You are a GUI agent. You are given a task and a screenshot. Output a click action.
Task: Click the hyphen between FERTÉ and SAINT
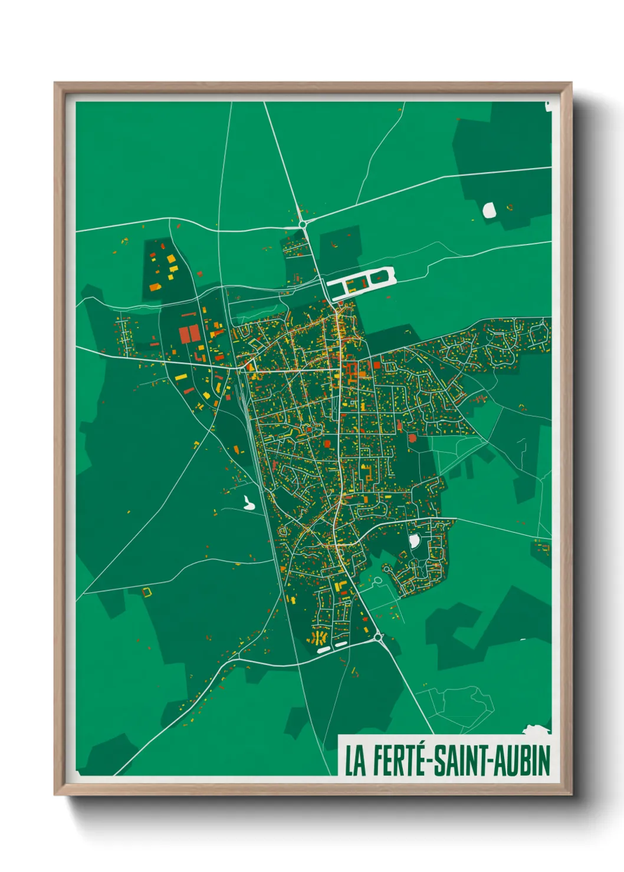[430, 762]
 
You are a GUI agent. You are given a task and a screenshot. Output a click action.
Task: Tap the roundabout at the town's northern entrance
[303, 224]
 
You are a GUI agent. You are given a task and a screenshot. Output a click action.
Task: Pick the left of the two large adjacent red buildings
[184, 335]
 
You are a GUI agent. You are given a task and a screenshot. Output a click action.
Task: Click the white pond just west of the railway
[248, 503]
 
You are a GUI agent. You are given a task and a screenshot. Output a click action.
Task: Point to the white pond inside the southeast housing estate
[414, 540]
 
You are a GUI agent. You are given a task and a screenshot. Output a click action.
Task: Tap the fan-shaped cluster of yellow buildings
[319, 638]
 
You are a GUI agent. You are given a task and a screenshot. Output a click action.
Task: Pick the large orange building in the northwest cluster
[155, 287]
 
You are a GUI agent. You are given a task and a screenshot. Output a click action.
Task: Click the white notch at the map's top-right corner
[548, 106]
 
